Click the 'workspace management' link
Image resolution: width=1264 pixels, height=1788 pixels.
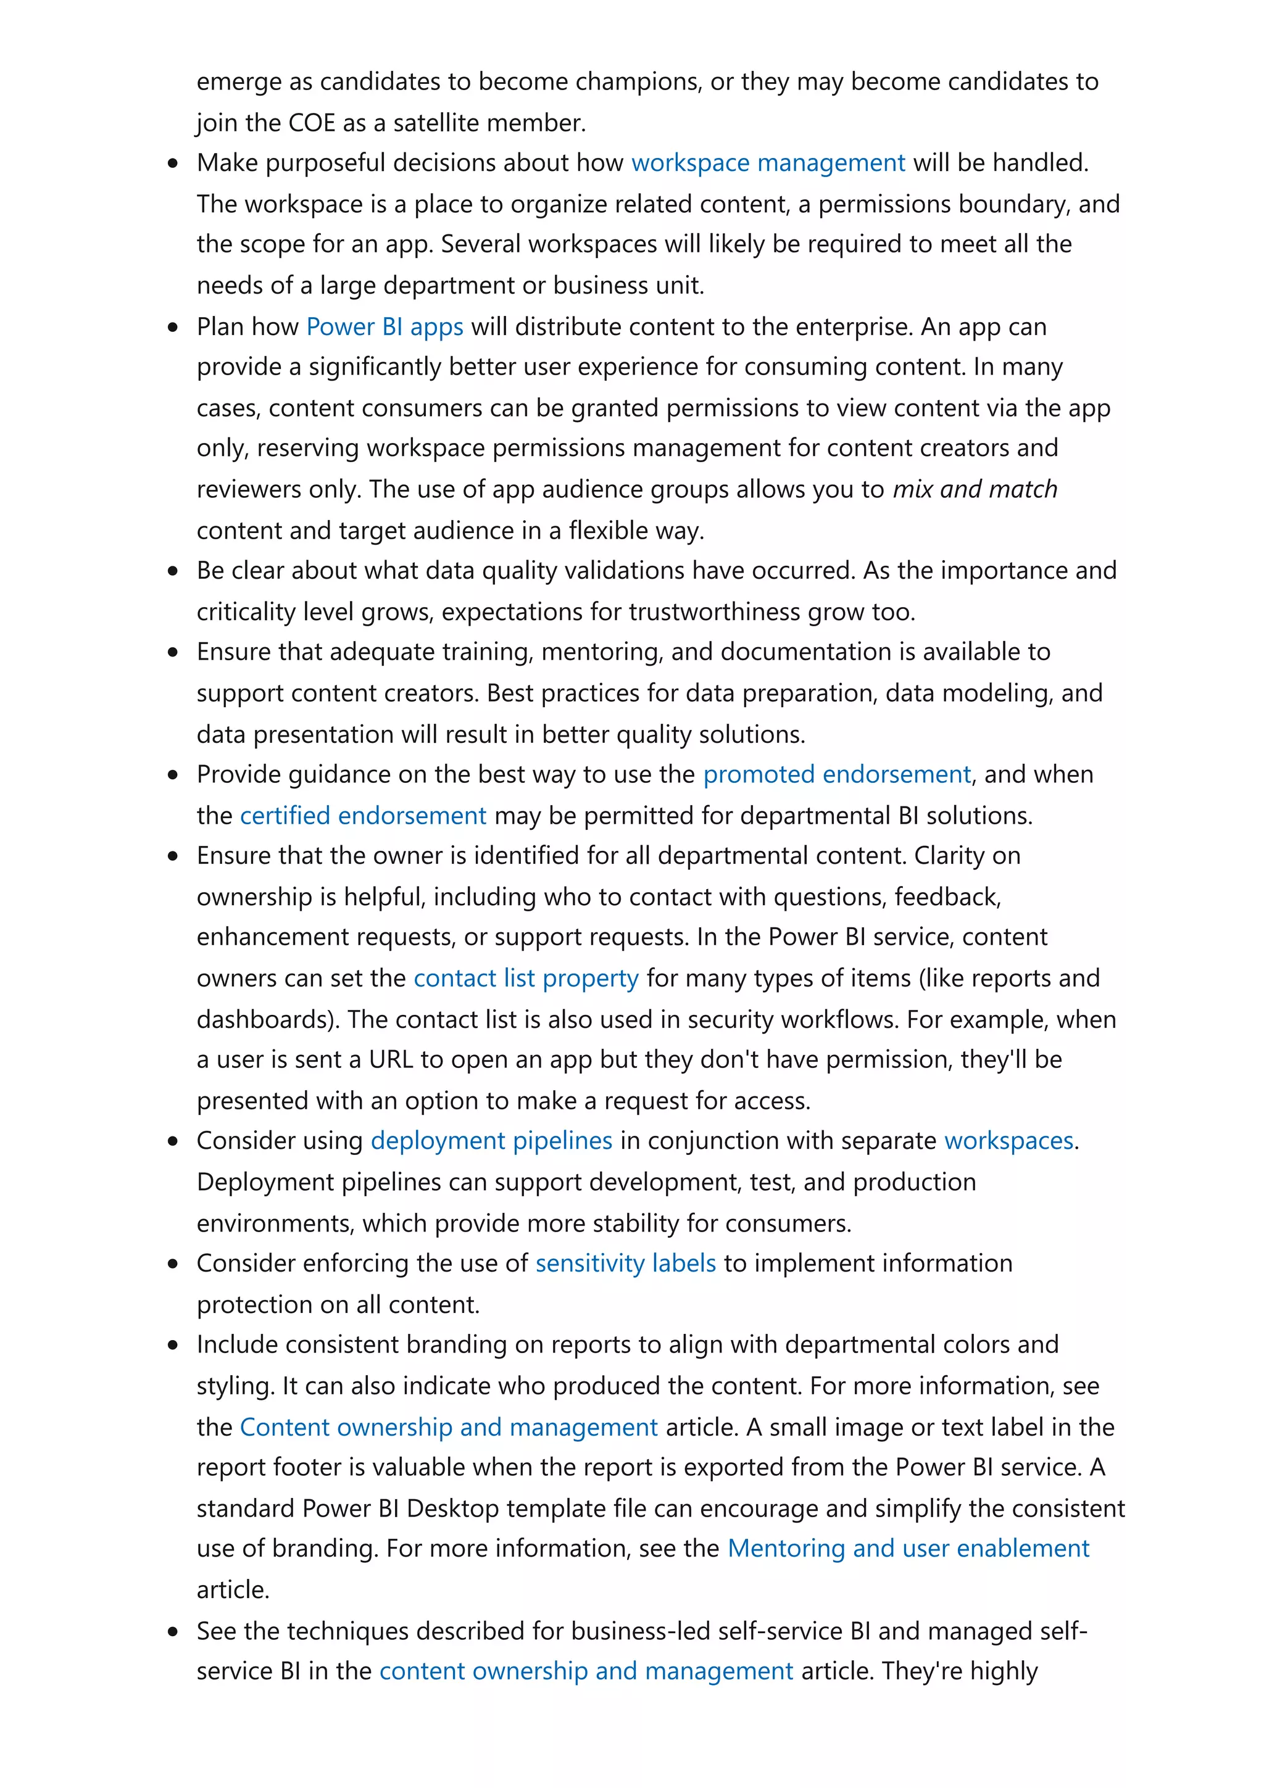[x=768, y=163]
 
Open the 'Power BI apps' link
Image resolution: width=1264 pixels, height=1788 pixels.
[x=385, y=326]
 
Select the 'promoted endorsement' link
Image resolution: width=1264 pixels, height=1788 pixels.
[x=836, y=774]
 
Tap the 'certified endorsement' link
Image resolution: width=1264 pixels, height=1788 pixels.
[x=363, y=816]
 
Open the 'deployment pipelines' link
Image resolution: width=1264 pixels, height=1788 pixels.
[x=491, y=1141]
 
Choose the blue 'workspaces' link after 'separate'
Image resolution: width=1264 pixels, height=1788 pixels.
[x=1008, y=1141]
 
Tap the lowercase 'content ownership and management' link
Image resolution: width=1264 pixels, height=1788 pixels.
[x=586, y=1671]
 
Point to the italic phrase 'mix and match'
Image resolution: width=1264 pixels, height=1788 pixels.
[x=975, y=489]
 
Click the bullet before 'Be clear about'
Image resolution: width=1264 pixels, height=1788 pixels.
[x=173, y=571]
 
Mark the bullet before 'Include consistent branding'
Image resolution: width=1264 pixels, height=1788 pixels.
[x=173, y=1345]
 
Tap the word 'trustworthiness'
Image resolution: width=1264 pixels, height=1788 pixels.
[x=714, y=612]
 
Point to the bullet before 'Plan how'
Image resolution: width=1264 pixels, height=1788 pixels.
[x=173, y=327]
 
